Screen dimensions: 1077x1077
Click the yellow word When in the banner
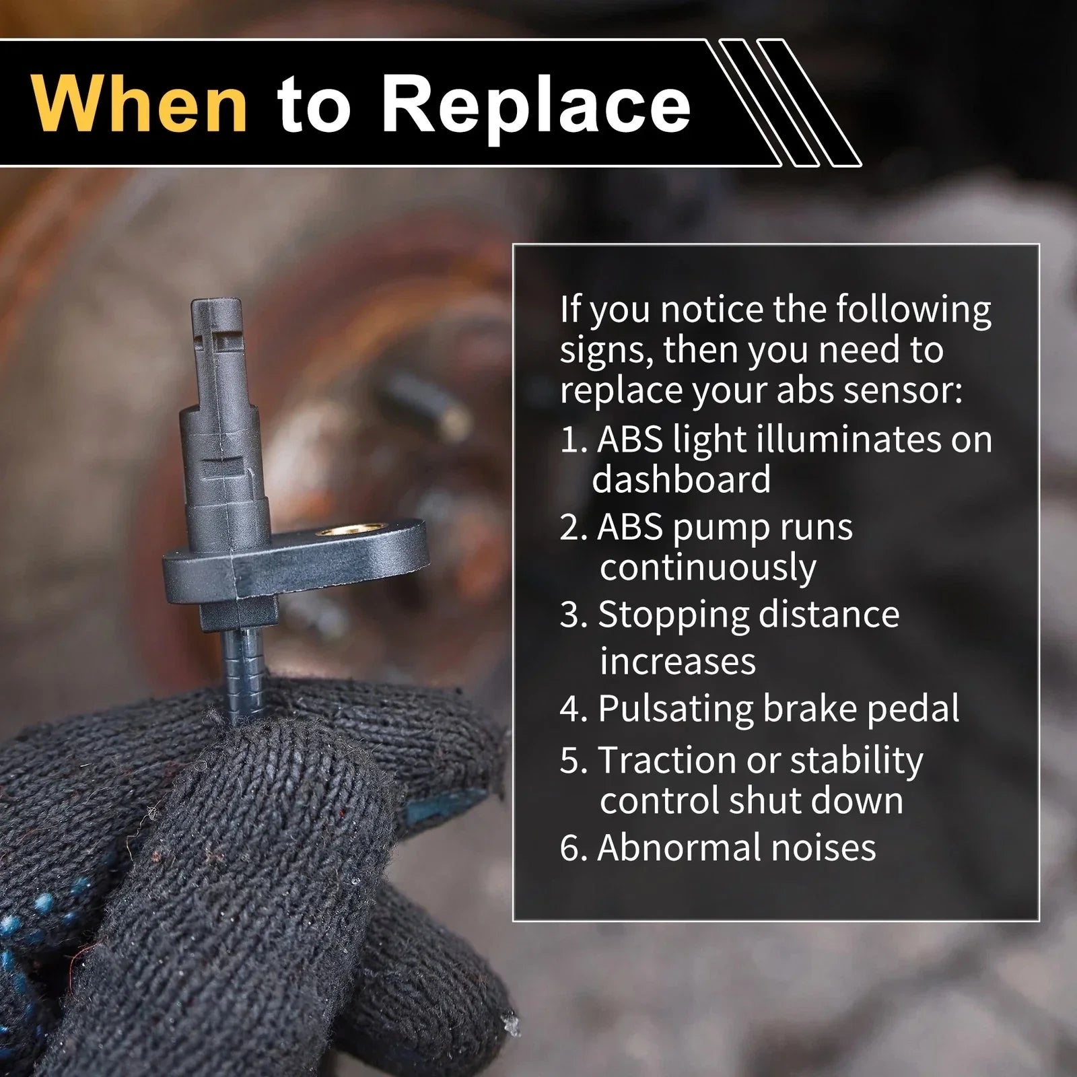click(140, 102)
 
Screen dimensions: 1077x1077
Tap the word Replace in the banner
click(541, 102)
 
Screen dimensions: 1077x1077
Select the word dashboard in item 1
click(681, 479)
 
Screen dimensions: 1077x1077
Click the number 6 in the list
click(571, 848)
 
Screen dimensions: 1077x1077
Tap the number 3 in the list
click(571, 615)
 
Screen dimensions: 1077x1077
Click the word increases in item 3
click(677, 662)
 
